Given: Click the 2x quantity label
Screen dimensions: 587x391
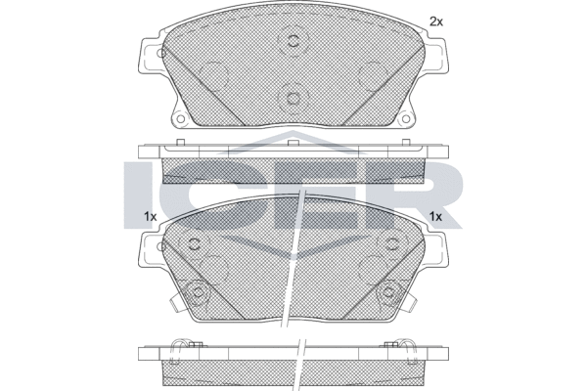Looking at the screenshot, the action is pos(435,22).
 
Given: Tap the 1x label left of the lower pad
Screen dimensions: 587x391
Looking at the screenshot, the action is pos(150,216).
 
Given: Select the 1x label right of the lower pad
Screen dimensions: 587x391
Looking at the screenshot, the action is pos(435,216).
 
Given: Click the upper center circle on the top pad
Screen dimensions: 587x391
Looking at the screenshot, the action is pos(293,40).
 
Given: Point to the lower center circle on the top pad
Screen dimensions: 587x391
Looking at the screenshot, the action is pos(293,99).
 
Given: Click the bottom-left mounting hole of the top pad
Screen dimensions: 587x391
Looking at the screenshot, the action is pos(180,119).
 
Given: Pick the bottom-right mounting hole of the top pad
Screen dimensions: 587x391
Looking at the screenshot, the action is pos(405,119).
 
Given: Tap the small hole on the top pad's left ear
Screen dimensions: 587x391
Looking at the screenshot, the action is pos(161,53).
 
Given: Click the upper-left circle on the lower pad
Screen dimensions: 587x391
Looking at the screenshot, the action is pos(194,244).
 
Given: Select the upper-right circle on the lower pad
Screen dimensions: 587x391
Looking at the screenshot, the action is pos(392,244).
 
